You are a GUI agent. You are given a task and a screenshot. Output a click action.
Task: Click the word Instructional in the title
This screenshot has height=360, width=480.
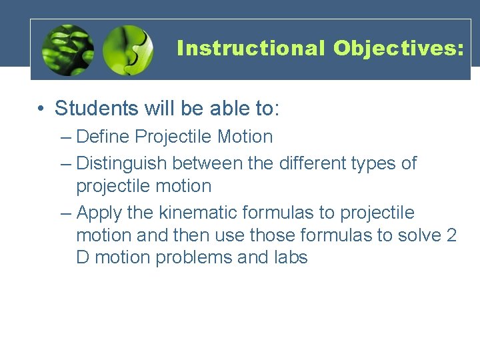(x=251, y=49)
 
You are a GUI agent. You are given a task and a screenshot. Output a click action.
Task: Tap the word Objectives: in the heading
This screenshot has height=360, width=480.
(x=397, y=49)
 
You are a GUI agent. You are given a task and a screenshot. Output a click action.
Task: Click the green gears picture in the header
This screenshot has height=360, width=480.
(x=67, y=51)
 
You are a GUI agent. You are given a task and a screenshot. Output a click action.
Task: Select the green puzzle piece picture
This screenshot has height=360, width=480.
(x=128, y=51)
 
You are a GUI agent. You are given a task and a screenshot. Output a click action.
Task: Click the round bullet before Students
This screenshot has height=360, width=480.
(x=41, y=109)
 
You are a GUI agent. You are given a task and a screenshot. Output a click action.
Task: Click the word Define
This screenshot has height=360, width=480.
(x=103, y=137)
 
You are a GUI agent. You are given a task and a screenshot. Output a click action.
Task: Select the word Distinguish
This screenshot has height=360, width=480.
(x=123, y=163)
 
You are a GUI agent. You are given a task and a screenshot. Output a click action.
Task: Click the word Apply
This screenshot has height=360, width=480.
(x=97, y=213)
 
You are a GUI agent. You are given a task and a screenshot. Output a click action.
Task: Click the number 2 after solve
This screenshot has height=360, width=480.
(x=451, y=235)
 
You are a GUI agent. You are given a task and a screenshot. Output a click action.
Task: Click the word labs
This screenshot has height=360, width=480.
(x=291, y=257)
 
